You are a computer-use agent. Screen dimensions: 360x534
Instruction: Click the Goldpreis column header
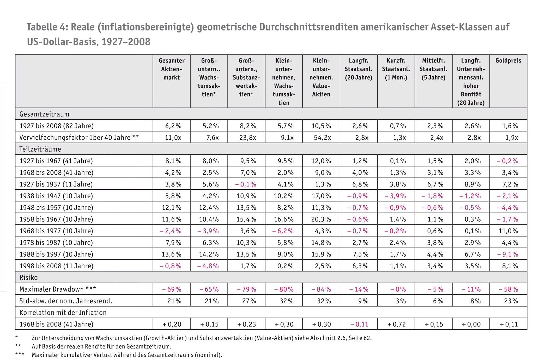[508, 61]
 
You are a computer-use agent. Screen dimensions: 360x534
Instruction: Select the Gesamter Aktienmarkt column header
[172, 69]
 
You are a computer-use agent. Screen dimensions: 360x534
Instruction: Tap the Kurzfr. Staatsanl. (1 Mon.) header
[396, 69]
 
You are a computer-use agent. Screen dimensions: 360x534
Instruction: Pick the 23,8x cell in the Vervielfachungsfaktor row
[247, 138]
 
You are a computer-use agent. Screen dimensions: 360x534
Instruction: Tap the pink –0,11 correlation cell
[359, 325]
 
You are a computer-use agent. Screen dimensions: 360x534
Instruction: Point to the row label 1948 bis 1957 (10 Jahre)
[56, 208]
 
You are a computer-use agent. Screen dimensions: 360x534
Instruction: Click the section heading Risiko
[28, 278]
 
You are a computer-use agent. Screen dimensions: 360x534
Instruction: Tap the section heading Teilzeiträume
[40, 149]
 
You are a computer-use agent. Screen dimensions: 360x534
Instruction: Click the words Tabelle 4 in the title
[47, 27]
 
